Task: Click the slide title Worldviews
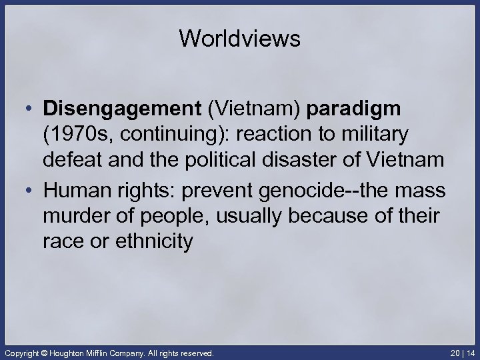pyautogui.click(x=240, y=39)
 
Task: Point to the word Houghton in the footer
pyautogui.click(x=73, y=351)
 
